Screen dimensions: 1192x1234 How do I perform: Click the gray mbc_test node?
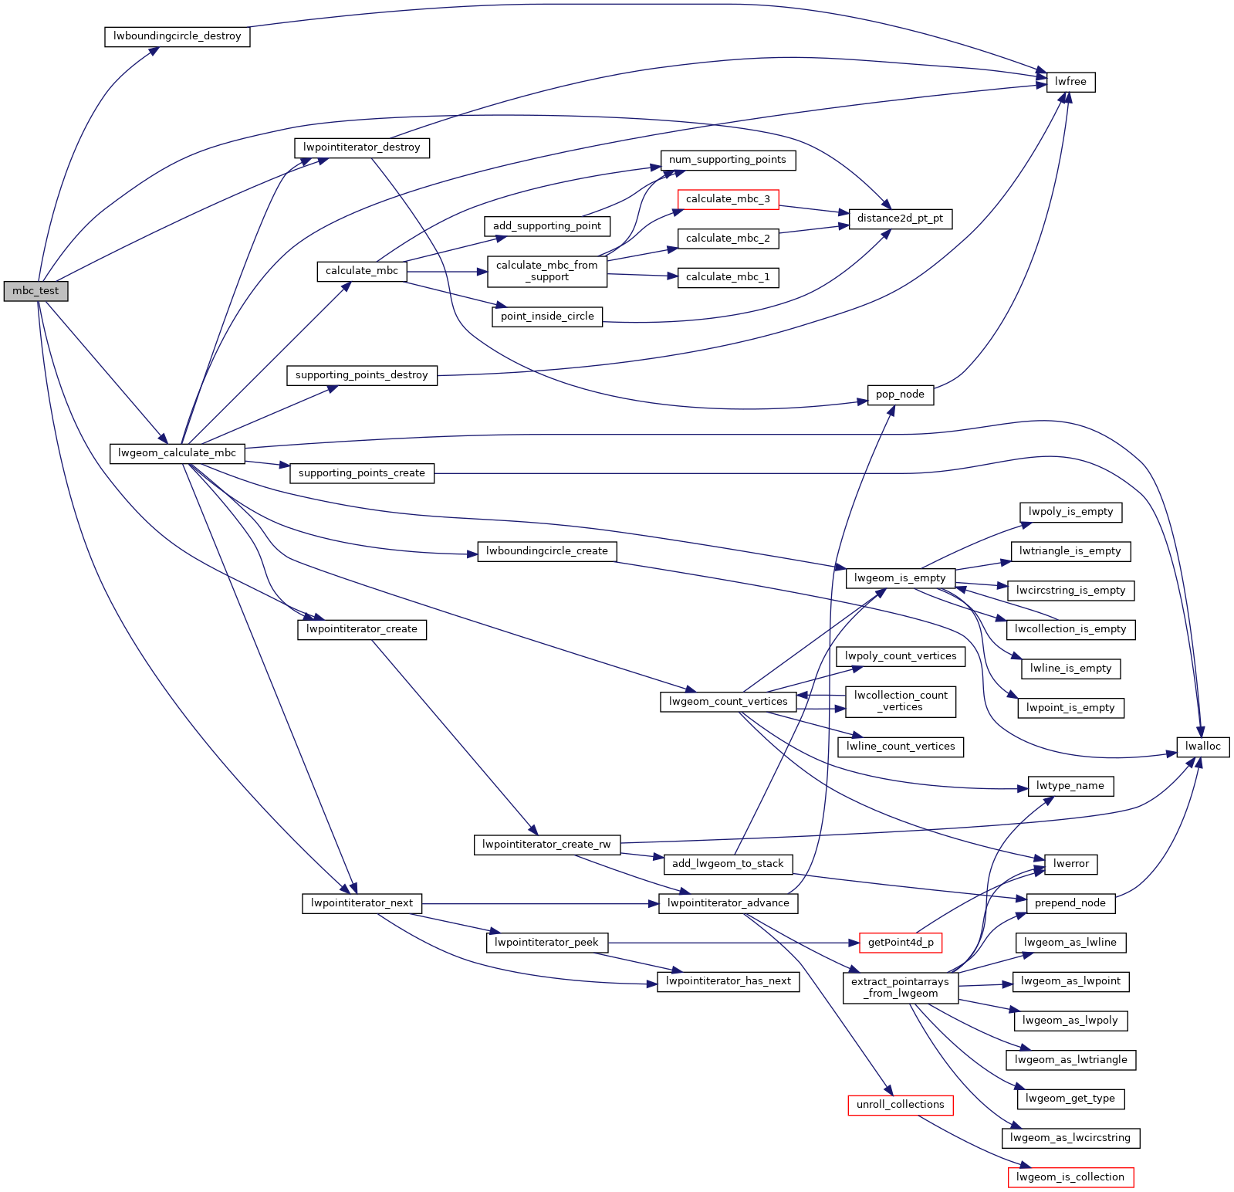(35, 291)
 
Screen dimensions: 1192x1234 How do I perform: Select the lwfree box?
(1070, 82)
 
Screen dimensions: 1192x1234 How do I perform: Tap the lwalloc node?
(1202, 747)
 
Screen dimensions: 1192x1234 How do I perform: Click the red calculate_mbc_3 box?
(728, 199)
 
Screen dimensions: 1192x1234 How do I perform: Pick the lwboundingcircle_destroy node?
(177, 36)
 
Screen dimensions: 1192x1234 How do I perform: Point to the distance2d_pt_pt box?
(900, 218)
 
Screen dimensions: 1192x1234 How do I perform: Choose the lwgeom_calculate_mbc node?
(177, 453)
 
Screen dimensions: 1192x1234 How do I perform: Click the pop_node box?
(900, 395)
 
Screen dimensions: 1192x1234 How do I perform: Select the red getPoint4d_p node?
(900, 943)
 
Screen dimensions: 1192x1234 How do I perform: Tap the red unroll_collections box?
(900, 1105)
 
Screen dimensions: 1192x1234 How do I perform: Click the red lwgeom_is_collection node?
(1070, 1177)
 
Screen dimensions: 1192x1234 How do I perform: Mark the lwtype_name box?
(1070, 786)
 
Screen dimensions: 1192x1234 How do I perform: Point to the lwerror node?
(1070, 864)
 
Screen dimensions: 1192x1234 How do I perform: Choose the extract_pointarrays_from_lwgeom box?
(900, 987)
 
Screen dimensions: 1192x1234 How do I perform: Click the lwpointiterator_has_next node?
(728, 981)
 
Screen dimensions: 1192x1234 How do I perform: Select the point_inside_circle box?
(547, 317)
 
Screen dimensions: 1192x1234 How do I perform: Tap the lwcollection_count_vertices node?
(900, 701)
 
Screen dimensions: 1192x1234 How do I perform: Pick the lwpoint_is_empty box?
(1070, 708)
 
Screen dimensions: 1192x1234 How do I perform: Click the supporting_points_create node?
(361, 473)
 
